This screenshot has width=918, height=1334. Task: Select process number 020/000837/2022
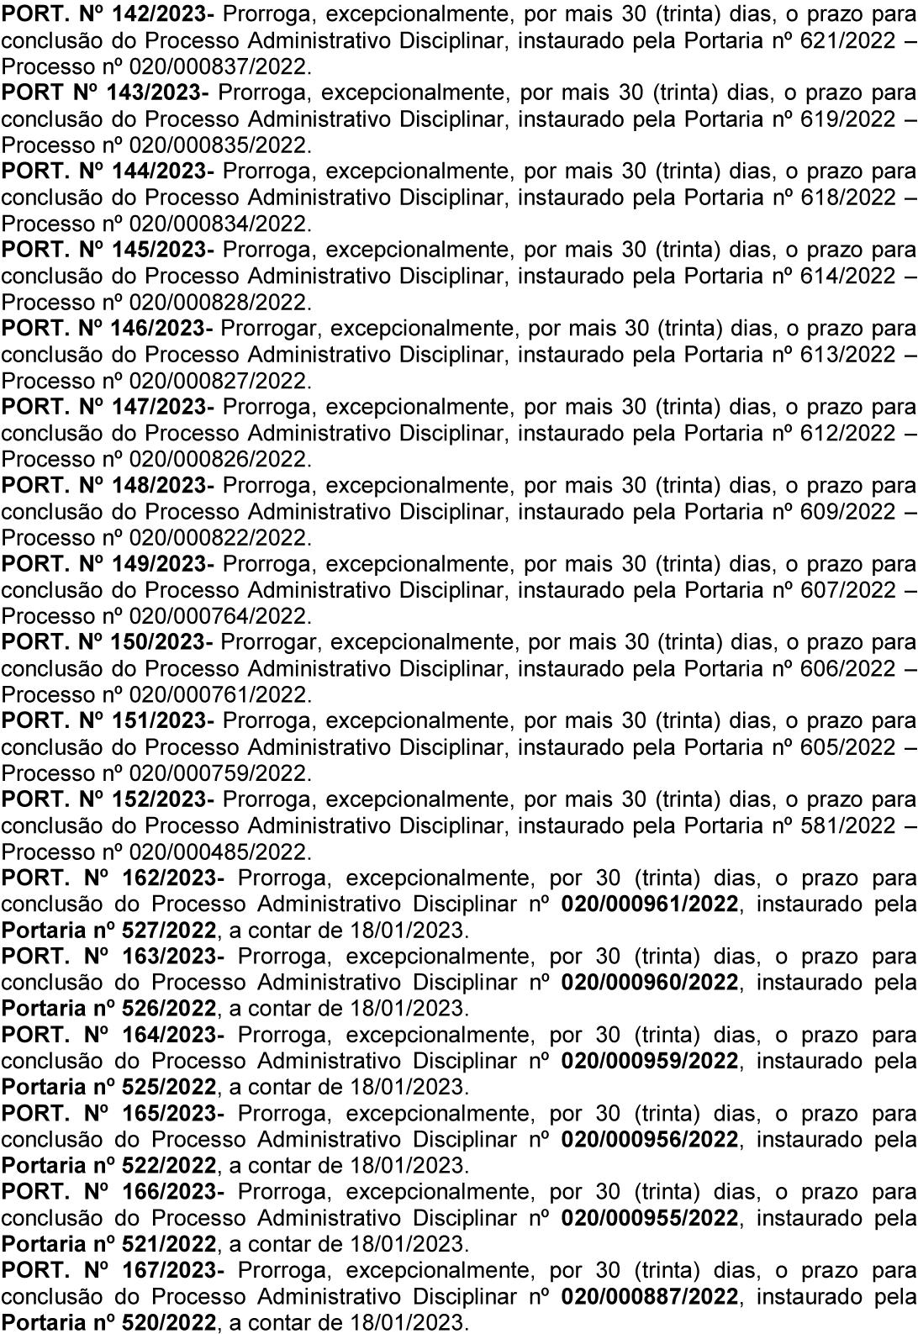point(219,66)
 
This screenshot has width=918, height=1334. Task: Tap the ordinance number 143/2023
point(156,92)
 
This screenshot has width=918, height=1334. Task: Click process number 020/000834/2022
point(219,224)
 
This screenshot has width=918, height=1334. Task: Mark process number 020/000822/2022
point(219,537)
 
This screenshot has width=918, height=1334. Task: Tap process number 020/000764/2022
point(219,616)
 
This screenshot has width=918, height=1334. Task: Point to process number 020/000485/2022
point(219,852)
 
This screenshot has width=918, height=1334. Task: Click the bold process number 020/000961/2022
point(650,904)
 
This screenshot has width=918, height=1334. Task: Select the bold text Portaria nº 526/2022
point(108,1008)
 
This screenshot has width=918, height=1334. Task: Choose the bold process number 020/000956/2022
point(650,1139)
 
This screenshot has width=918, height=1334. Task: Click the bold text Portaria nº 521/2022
point(108,1243)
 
